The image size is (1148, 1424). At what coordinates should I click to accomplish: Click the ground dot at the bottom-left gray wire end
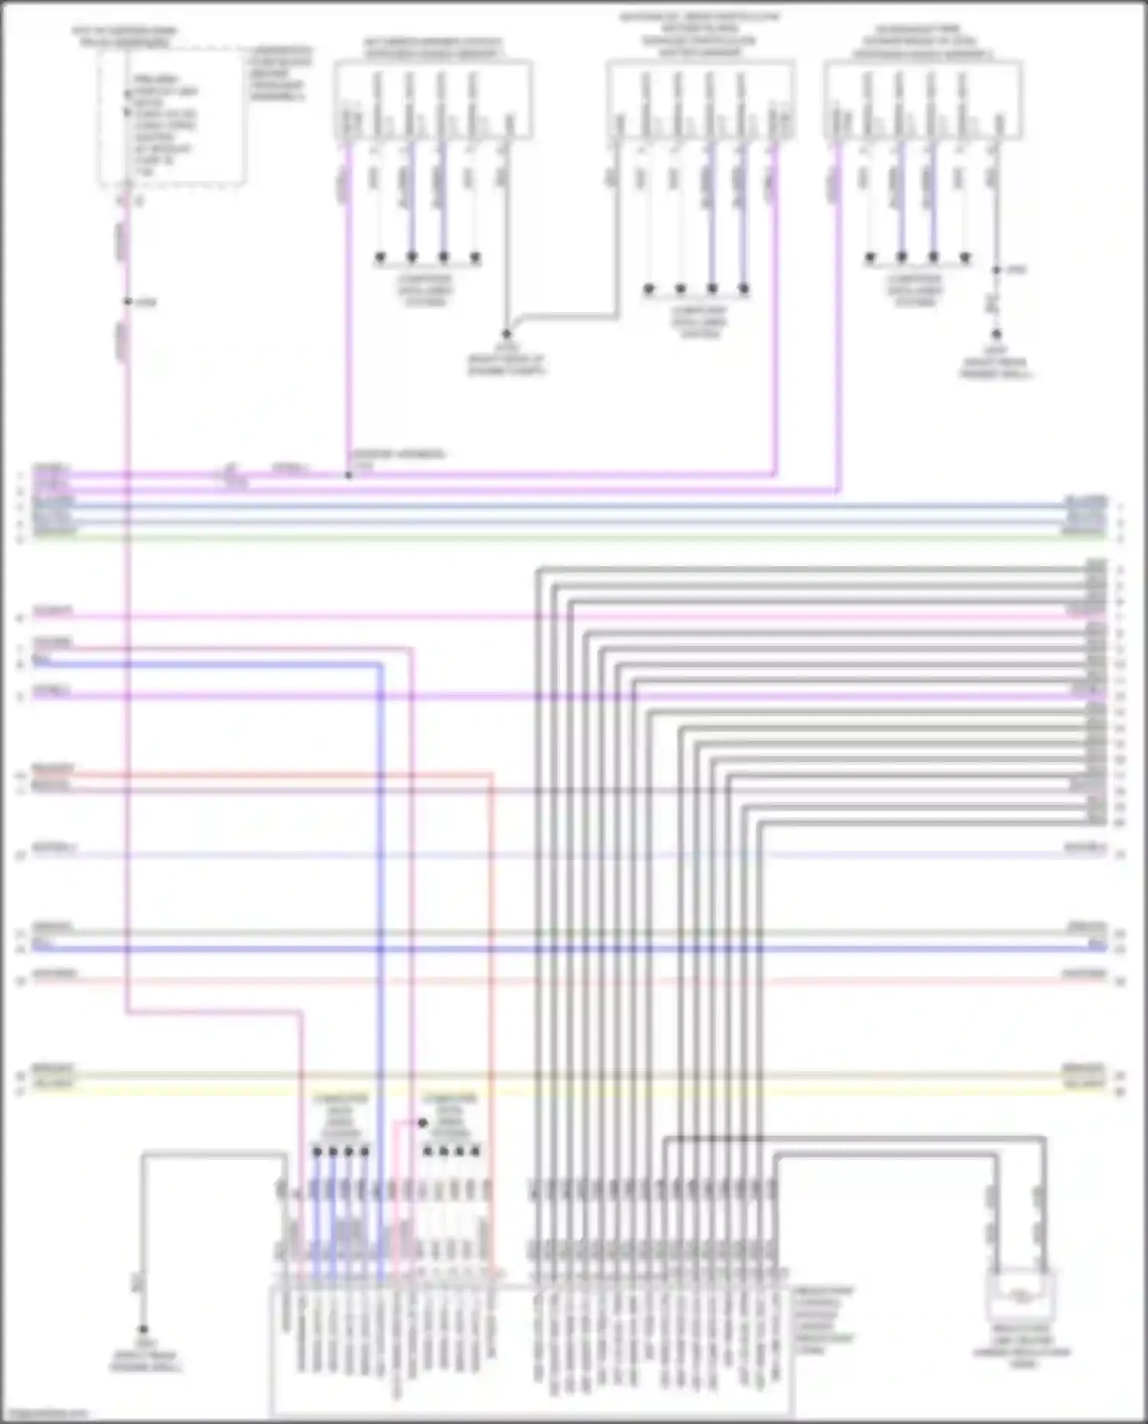pyautogui.click(x=142, y=1330)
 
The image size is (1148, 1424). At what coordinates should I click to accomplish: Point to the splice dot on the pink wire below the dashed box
pyautogui.click(x=128, y=302)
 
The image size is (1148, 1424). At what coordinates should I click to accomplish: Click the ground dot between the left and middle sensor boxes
pyautogui.click(x=506, y=334)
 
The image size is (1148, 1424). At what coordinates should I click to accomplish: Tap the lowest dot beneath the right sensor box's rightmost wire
pyautogui.click(x=996, y=334)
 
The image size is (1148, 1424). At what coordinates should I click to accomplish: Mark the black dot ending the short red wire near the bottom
pyautogui.click(x=422, y=1123)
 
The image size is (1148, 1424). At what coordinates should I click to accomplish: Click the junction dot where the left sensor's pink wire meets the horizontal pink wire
pyautogui.click(x=348, y=475)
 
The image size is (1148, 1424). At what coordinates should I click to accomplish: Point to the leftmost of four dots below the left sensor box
pyautogui.click(x=380, y=257)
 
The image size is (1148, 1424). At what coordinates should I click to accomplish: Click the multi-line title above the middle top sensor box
pyautogui.click(x=700, y=34)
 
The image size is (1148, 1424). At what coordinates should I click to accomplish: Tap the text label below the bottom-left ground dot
pyautogui.click(x=145, y=1361)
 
